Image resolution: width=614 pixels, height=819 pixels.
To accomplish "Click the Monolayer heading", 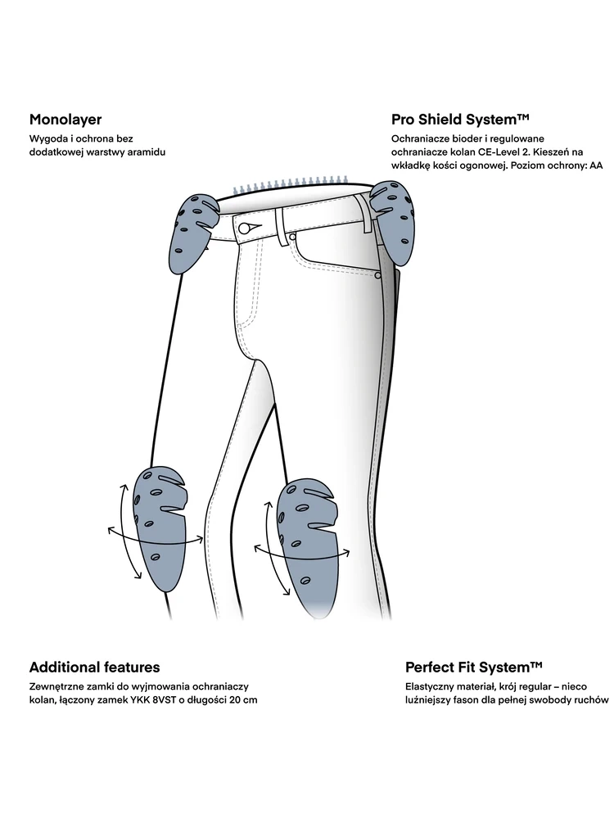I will pyautogui.click(x=65, y=119).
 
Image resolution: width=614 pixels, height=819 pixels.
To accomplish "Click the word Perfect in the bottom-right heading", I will pyautogui.click(x=431, y=667).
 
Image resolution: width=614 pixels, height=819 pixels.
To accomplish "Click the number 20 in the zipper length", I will pyautogui.click(x=229, y=700).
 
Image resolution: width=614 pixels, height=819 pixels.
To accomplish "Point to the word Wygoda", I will pyautogui.click(x=47, y=138).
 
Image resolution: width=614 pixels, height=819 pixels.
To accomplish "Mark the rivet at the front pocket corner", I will pyautogui.click(x=377, y=276).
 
